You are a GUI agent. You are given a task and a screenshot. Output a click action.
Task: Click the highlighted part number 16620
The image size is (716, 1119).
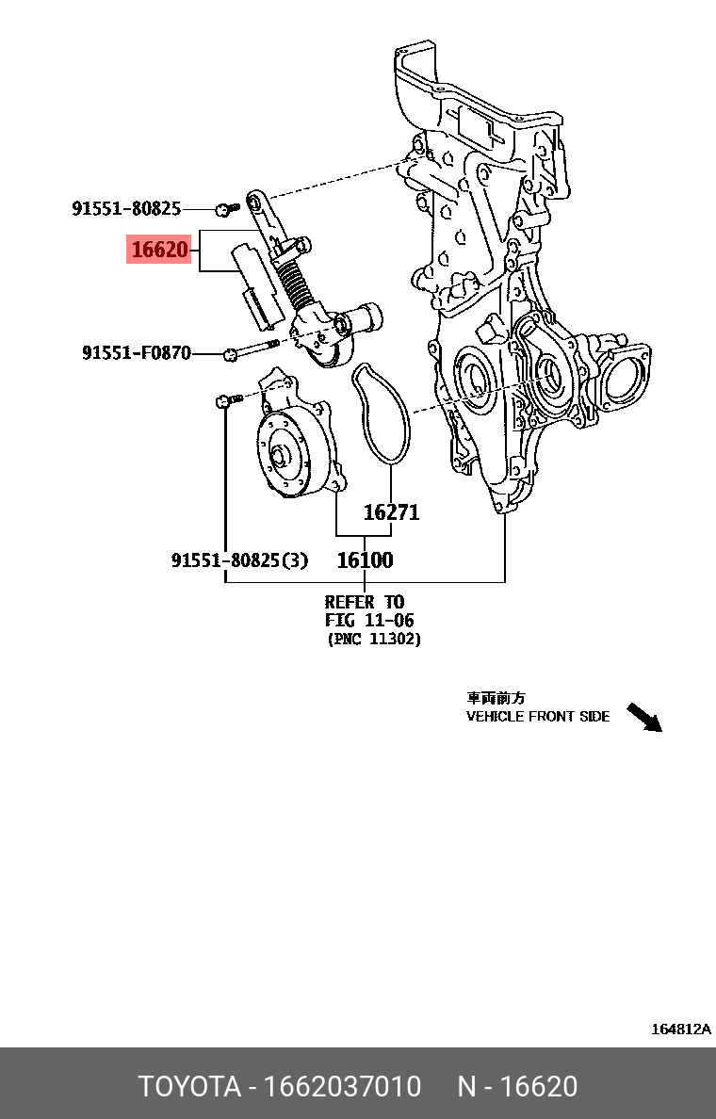click(160, 251)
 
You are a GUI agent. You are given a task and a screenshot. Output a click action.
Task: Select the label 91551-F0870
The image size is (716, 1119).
click(137, 353)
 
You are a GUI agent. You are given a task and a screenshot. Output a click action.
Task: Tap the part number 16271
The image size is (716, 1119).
click(391, 512)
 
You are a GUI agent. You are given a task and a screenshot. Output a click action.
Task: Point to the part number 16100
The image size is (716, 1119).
click(365, 559)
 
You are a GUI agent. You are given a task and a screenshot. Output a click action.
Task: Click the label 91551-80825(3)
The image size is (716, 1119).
click(239, 559)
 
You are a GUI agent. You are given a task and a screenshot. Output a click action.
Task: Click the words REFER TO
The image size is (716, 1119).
click(364, 602)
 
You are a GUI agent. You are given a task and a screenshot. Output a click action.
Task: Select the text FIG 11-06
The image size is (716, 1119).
click(369, 621)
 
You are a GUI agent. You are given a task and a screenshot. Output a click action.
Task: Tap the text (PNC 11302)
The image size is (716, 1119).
click(374, 640)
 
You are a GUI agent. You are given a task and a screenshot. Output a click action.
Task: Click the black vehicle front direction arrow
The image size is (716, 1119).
click(645, 717)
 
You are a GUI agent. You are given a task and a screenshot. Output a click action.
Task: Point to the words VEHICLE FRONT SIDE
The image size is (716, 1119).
click(538, 716)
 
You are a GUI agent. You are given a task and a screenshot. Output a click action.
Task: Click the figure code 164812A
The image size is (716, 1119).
click(680, 1030)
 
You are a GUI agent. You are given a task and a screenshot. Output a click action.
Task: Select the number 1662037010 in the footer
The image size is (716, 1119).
click(342, 1086)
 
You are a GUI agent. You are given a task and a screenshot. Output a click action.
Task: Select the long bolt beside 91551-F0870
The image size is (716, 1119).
click(251, 350)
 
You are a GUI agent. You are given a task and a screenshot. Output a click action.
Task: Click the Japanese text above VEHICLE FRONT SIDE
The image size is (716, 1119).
click(496, 698)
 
